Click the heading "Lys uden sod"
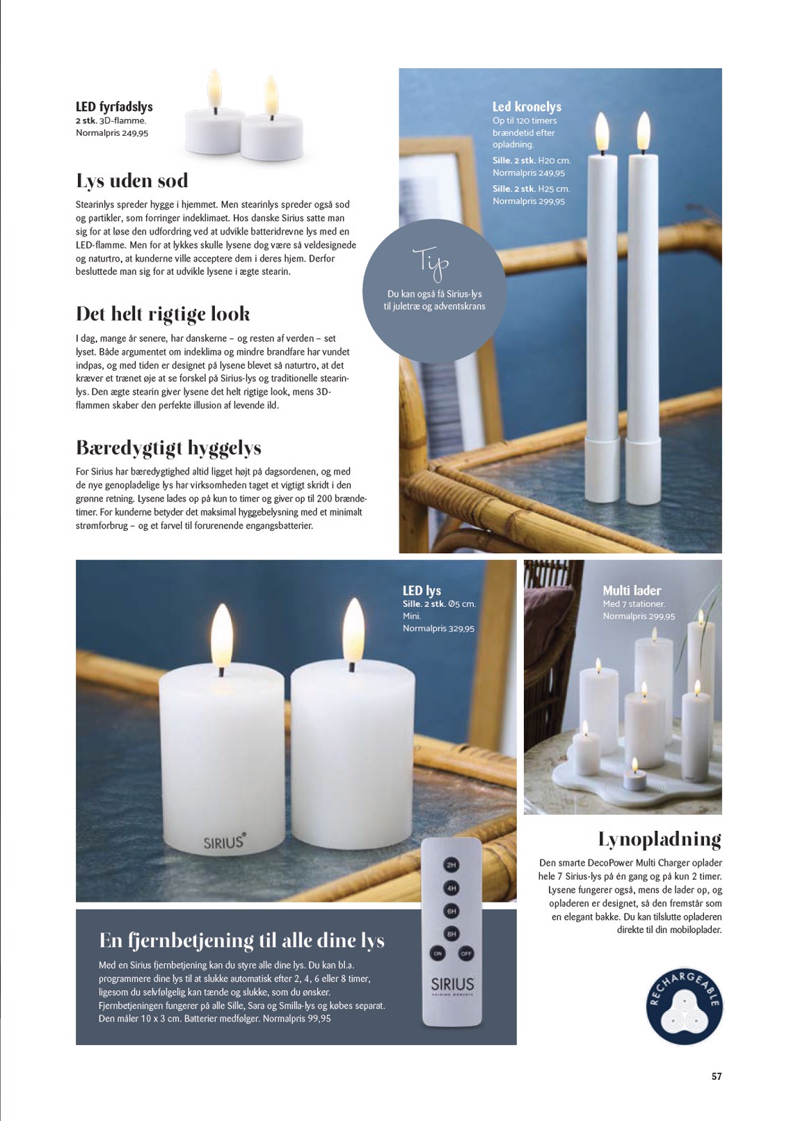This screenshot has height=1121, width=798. tap(131, 181)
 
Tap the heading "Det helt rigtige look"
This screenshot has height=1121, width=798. tap(163, 314)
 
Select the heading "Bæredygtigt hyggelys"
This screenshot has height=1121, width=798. tap(168, 447)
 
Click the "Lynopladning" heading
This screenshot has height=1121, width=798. tap(659, 839)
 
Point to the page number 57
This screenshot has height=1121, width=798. tap(716, 1076)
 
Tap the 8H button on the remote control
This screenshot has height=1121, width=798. tap(452, 934)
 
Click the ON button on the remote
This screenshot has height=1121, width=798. tap(438, 953)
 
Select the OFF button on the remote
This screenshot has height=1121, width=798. tap(466, 953)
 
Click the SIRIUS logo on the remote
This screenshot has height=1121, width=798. tap(452, 985)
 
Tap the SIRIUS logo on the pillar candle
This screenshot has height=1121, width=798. tap(223, 841)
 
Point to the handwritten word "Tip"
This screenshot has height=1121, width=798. tap(431, 263)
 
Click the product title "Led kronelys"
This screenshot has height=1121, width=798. tap(527, 106)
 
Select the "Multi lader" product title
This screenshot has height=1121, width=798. tap(632, 590)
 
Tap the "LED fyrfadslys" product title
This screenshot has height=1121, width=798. tap(114, 106)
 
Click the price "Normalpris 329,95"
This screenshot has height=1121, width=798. tap(438, 628)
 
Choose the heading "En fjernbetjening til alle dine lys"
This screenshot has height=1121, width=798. tap(241, 940)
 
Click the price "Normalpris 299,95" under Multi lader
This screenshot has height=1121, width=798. tap(639, 616)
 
